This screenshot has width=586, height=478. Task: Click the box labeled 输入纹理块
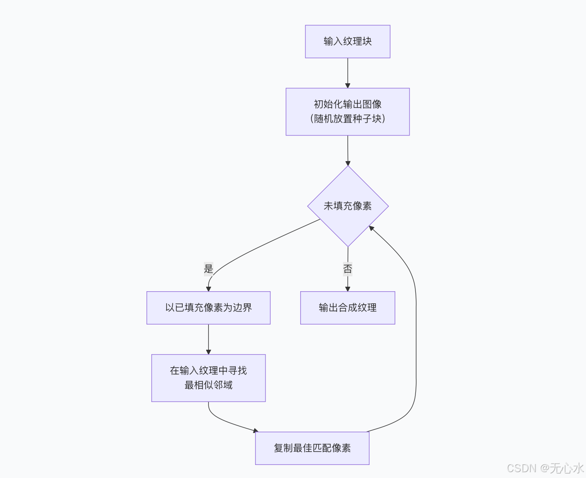(x=347, y=41)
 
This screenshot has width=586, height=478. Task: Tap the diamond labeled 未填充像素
(x=347, y=206)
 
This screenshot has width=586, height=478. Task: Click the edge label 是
(x=208, y=269)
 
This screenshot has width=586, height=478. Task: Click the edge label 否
(x=347, y=269)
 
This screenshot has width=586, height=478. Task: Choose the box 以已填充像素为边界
(x=208, y=308)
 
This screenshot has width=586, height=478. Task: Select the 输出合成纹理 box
(x=347, y=308)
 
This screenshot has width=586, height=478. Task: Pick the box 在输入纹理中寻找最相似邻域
(x=208, y=378)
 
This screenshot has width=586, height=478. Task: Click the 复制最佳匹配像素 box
(x=312, y=448)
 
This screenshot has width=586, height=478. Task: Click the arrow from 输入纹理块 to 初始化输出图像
(x=347, y=72)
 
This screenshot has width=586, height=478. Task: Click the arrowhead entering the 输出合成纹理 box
(x=347, y=289)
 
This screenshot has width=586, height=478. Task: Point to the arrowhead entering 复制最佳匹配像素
(x=256, y=431)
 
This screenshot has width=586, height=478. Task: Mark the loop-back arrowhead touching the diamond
(x=371, y=228)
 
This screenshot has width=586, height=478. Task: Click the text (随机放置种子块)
(x=347, y=119)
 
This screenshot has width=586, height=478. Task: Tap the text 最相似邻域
(x=208, y=385)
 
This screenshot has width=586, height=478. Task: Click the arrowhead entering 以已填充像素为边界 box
(x=208, y=289)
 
